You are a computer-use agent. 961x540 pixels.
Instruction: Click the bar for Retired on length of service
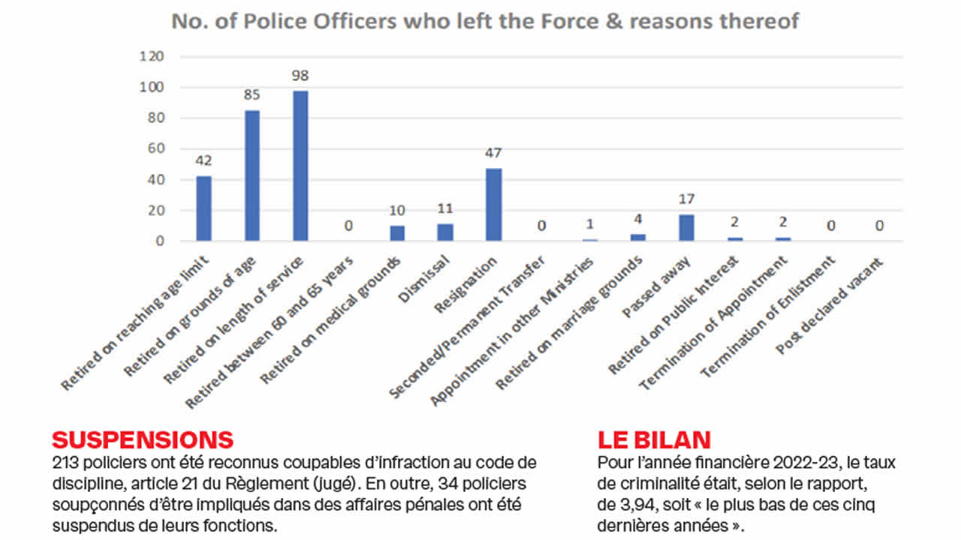point(300,165)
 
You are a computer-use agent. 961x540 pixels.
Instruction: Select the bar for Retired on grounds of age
point(252,175)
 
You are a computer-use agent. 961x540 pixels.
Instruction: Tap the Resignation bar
point(493,204)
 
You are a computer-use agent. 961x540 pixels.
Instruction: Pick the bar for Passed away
point(686,227)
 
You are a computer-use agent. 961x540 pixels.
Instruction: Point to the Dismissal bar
point(445,232)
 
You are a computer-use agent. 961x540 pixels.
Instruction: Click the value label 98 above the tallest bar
point(300,76)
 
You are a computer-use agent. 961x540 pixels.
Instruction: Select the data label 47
point(493,153)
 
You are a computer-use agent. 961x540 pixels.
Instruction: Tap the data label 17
point(686,199)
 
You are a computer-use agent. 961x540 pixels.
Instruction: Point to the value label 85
point(252,95)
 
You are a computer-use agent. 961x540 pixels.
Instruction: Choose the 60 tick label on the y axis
point(155,148)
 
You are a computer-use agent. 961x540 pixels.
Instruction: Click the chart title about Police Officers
point(485,21)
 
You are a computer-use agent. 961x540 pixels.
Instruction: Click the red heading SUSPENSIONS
point(143,439)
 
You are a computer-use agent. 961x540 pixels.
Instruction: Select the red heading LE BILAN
point(654,439)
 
